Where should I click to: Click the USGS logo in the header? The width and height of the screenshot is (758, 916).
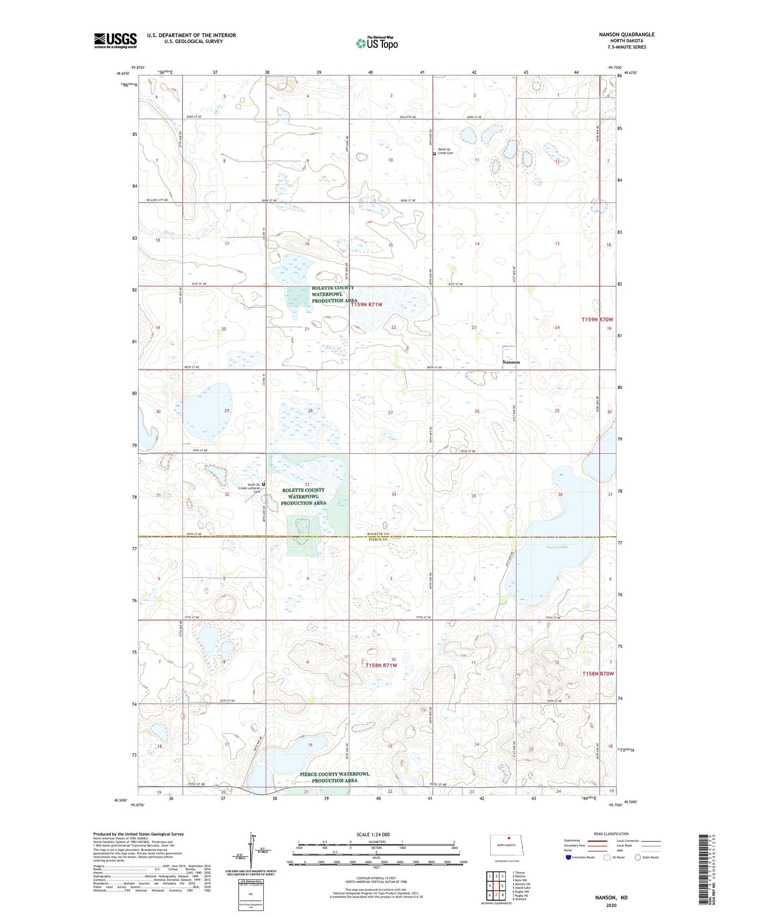coord(115,40)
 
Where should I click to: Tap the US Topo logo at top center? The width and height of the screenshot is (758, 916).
coord(377,43)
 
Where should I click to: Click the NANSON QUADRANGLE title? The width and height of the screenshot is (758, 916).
coord(626,35)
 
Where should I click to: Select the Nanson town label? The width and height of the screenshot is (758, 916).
coord(511,362)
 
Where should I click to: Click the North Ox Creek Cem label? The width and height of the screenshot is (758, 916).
coord(445,151)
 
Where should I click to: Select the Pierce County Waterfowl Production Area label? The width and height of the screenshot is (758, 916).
coord(335,777)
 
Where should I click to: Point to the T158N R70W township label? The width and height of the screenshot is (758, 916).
coord(597,674)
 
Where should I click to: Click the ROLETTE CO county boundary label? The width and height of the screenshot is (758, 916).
coord(378,534)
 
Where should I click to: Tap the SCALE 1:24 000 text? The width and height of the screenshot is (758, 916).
coord(373,834)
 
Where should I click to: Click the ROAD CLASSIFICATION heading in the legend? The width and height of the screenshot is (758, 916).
coord(611,834)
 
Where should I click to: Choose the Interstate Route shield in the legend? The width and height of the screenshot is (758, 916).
coord(569,857)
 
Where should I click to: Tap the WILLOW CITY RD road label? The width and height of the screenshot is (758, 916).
coord(157,200)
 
